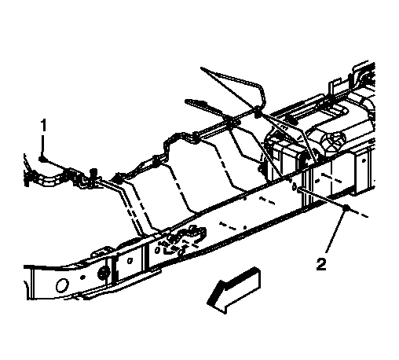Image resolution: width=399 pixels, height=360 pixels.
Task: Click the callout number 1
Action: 43,125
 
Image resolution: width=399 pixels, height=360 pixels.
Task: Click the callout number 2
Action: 321,264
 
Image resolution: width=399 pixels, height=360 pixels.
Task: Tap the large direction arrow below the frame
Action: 234,289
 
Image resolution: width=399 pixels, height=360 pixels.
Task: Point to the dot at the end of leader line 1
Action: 42,159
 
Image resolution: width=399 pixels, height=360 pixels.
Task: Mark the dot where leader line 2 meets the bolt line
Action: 346,208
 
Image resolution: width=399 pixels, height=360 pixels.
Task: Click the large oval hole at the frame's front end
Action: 62,285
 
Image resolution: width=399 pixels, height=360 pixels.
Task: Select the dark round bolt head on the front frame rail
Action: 103,274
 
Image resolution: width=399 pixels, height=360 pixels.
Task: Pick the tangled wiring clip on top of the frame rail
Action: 183,238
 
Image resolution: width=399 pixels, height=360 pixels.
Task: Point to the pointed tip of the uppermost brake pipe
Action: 201,68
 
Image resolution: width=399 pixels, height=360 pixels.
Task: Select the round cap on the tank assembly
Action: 335,139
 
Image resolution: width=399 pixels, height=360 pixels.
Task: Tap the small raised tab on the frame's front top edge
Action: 101,252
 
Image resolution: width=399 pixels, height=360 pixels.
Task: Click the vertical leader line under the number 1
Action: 42,145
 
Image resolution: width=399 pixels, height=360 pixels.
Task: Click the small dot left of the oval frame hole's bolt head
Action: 82,277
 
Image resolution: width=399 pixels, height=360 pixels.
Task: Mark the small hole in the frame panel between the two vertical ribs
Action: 130,261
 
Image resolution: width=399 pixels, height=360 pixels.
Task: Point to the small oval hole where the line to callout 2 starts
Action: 294,186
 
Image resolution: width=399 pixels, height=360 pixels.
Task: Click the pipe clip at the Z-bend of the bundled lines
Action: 156,160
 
